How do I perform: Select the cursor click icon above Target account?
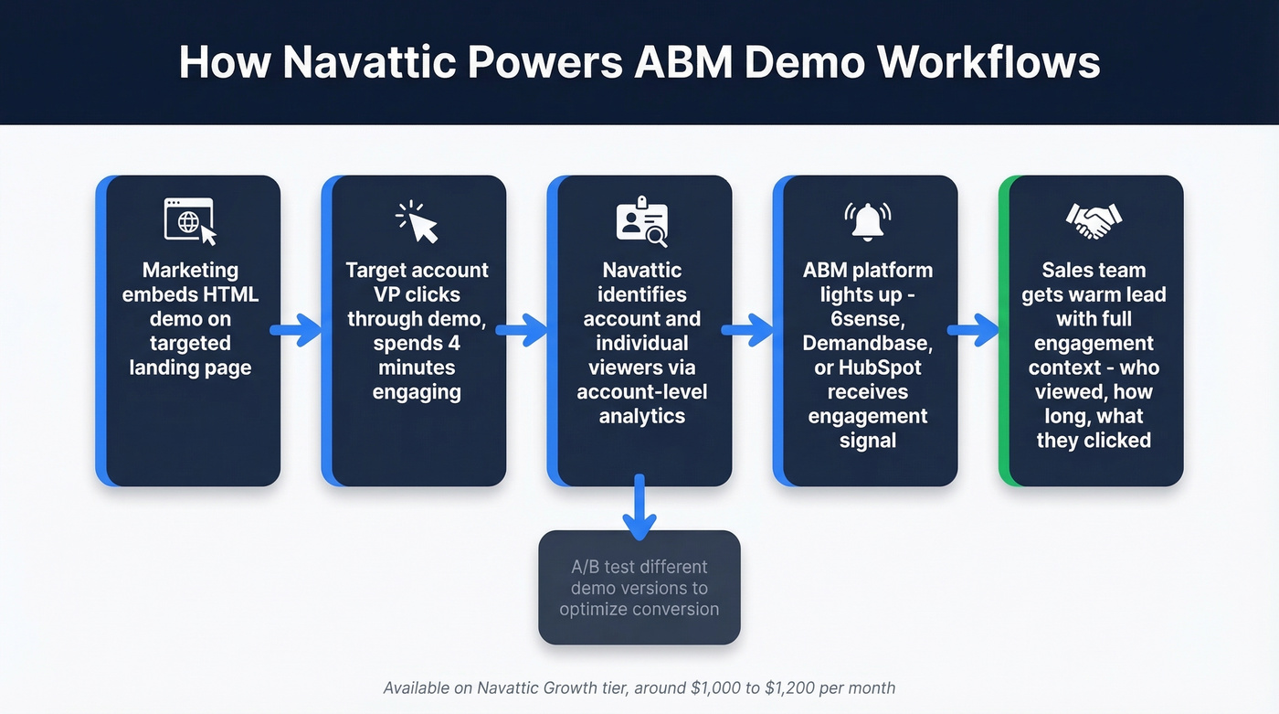coord(417,221)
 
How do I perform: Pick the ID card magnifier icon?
coord(641,221)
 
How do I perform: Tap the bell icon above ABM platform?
coord(867,221)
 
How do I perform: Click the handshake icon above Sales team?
coord(1094,218)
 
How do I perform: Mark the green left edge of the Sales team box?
coord(1004,330)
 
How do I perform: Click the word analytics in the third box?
coord(641,416)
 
